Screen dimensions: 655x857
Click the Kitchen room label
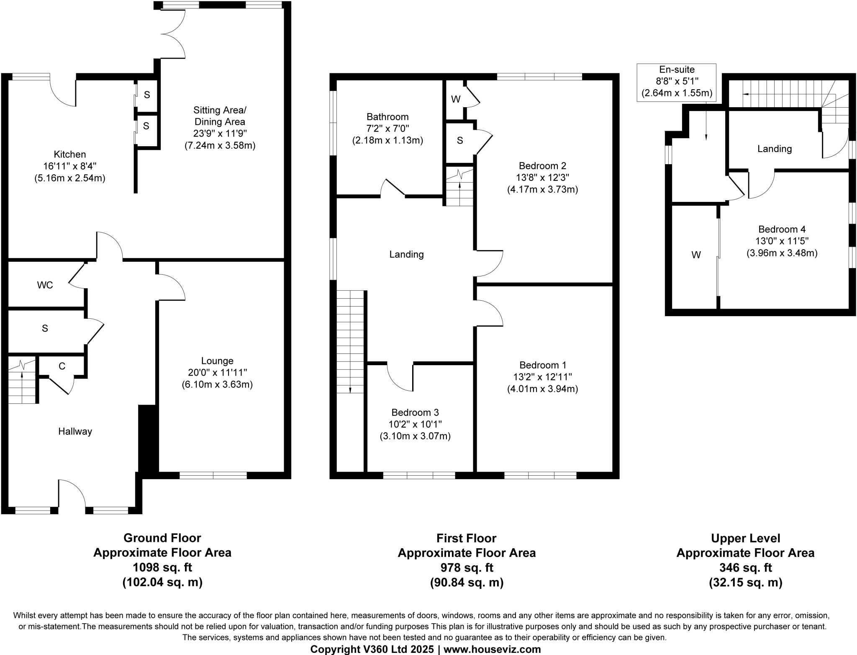click(70, 155)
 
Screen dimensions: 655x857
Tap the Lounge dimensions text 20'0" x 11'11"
click(217, 373)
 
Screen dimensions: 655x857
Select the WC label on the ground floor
click(45, 285)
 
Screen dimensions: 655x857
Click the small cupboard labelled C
click(62, 366)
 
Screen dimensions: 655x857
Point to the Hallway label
click(75, 431)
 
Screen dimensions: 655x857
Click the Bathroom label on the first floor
click(387, 117)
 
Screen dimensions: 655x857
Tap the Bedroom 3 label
click(415, 413)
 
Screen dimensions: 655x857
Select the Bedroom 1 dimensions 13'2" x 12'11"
click(542, 377)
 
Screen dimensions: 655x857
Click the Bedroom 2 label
click(542, 166)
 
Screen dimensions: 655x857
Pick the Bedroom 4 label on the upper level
click(782, 230)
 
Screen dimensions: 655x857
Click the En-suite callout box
click(677, 82)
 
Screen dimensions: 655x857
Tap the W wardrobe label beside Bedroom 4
click(696, 255)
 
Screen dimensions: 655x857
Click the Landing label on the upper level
click(775, 149)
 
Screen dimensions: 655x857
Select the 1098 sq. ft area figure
click(162, 567)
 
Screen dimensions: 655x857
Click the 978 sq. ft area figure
click(467, 567)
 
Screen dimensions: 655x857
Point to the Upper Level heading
click(745, 538)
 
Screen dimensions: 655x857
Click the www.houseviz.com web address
click(492, 649)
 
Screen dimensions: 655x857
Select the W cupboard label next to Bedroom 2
click(456, 99)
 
